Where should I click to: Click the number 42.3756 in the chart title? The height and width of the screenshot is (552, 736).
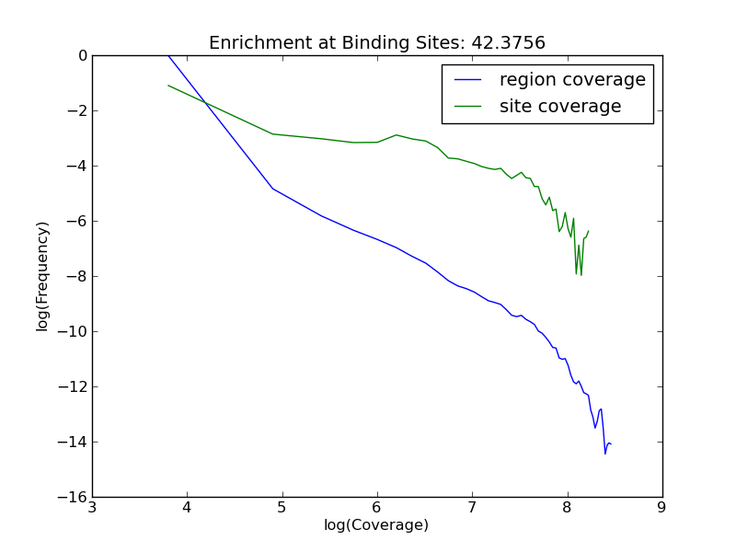[507, 42]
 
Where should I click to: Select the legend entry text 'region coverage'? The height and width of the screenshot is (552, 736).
[572, 80]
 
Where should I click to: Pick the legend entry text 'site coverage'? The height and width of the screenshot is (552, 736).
[560, 107]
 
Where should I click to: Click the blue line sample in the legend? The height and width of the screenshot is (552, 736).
[468, 81]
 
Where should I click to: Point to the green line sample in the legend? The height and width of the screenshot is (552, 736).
[468, 108]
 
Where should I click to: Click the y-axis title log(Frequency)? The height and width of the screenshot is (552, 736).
[42, 276]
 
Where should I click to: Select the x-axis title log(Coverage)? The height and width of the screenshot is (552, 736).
[376, 525]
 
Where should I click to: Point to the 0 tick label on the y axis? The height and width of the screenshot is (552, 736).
[83, 55]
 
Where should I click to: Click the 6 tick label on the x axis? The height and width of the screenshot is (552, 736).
[377, 508]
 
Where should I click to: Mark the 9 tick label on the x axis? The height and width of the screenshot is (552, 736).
[661, 508]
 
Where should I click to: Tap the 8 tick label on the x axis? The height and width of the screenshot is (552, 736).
[567, 508]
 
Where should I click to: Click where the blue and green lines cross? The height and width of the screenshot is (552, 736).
[204, 102]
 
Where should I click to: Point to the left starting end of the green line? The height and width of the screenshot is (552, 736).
[168, 86]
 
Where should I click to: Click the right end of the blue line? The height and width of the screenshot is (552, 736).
[611, 444]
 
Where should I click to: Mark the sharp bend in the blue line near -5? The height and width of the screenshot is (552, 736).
[272, 189]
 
